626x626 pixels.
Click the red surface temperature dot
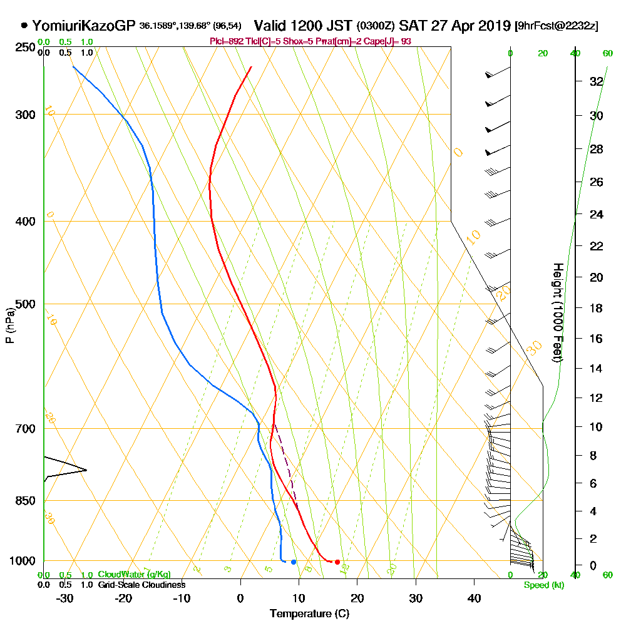[337, 562]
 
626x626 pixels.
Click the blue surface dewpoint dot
[294, 562]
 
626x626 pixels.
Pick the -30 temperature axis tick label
[65, 598]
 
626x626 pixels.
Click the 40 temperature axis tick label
[475, 598]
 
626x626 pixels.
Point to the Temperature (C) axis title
[309, 613]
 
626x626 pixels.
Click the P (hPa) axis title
[10, 326]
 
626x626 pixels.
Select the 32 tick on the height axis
[597, 81]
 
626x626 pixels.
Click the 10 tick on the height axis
[597, 427]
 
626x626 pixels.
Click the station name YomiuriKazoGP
[83, 26]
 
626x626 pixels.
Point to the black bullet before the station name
[24, 26]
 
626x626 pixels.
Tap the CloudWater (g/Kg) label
[134, 575]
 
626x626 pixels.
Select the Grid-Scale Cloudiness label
[141, 585]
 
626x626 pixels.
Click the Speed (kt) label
[543, 585]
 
